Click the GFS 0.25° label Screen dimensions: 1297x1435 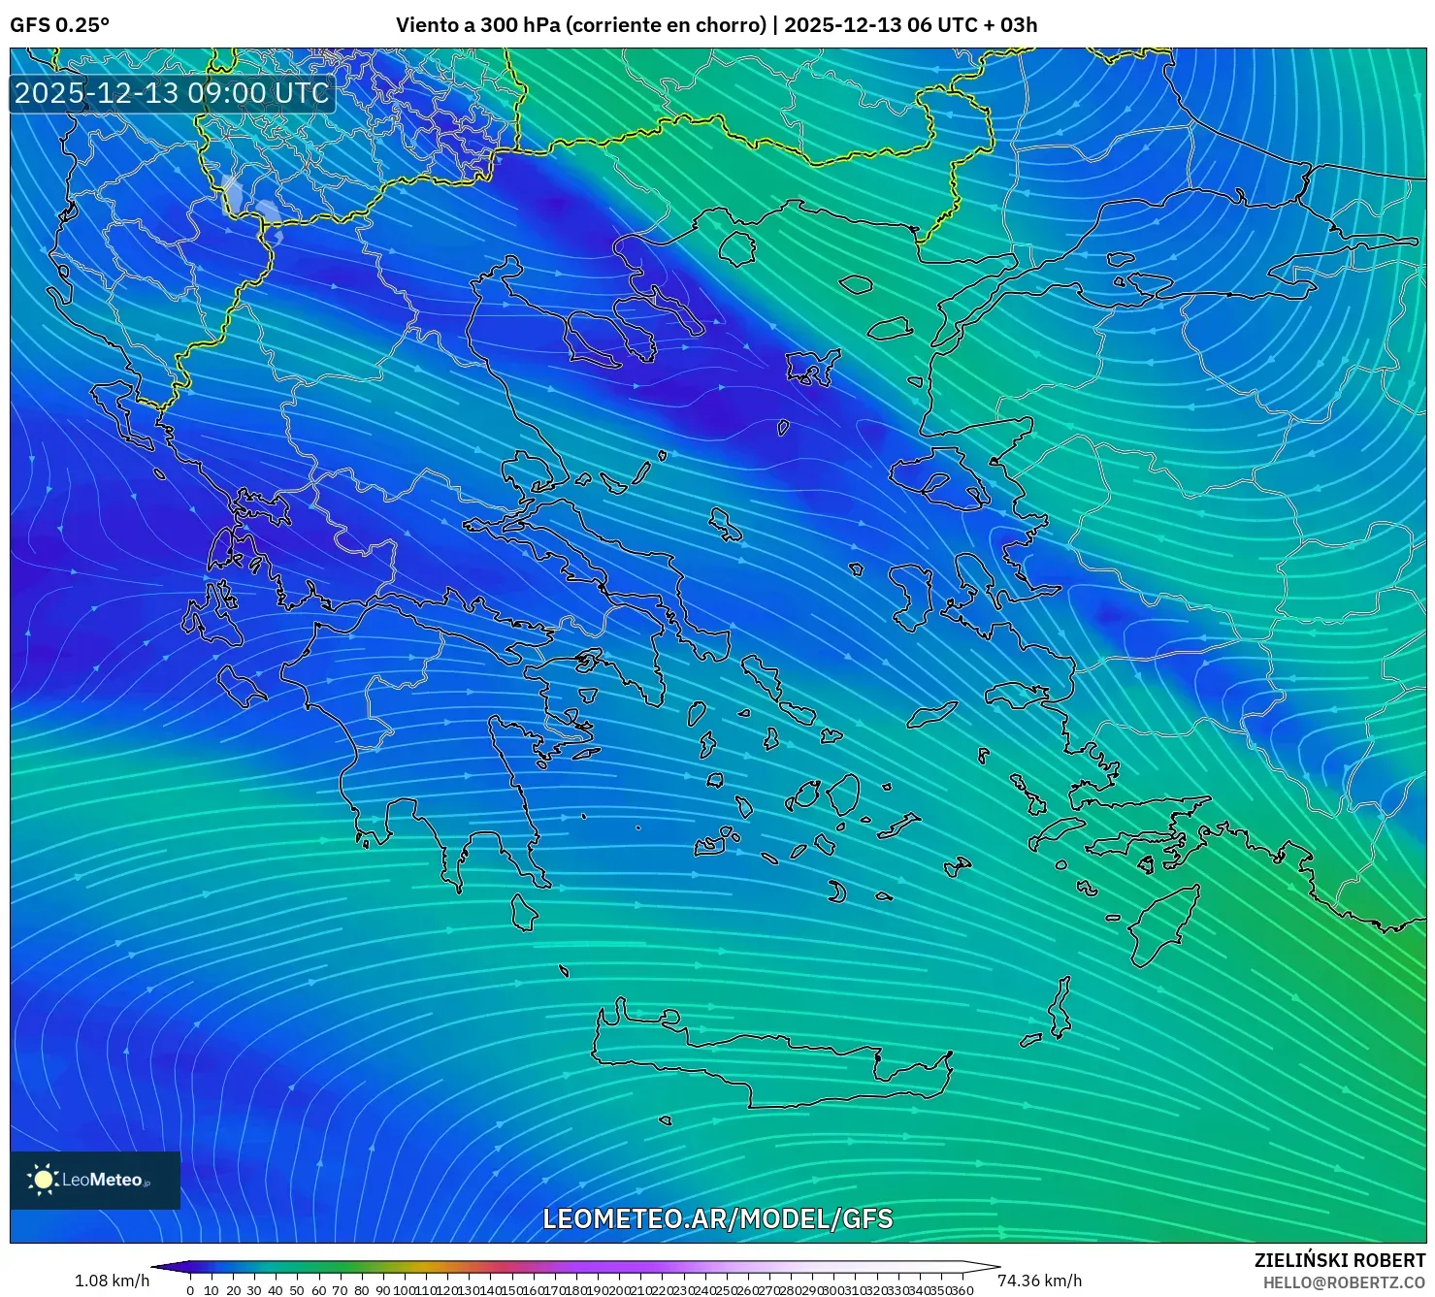pos(59,25)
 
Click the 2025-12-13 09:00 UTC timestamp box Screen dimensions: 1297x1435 pos(172,93)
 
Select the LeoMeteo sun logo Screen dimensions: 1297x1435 pos(43,1180)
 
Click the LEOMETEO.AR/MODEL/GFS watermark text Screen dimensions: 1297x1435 pos(717,1219)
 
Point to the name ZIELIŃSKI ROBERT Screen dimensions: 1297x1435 pos(1339,1261)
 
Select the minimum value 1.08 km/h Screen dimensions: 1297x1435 pos(112,1281)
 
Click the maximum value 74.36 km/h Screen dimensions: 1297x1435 pos(1039,1281)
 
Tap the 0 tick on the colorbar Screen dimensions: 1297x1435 pos(190,1289)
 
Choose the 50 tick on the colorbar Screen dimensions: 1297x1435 pos(297,1289)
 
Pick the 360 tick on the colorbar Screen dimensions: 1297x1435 pos(961,1289)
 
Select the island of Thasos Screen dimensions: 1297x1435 pos(737,249)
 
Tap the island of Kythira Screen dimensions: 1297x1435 pos(524,913)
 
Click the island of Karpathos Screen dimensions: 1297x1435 pos(1060,1009)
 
